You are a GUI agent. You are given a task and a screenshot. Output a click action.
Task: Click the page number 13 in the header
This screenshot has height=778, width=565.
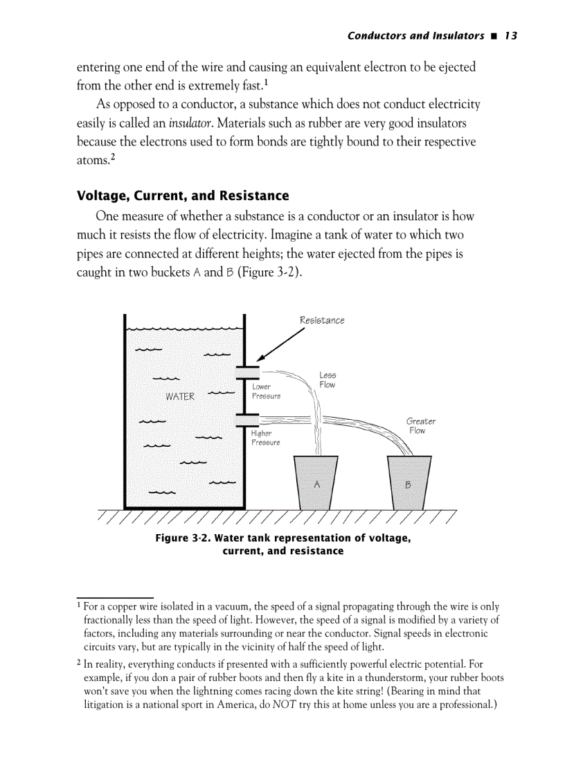511,35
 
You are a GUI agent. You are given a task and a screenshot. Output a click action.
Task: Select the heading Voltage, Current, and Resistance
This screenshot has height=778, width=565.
183,195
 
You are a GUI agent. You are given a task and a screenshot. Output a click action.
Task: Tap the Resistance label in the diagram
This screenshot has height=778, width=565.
321,320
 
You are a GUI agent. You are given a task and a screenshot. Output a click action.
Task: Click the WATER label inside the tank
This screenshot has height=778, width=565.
180,397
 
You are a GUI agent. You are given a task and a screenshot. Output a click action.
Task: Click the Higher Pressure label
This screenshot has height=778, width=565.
266,438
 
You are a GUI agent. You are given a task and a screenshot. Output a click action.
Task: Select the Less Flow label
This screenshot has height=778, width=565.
328,380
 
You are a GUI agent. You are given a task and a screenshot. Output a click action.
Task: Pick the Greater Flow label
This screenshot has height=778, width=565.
420,425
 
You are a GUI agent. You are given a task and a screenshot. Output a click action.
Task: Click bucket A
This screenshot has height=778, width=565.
316,482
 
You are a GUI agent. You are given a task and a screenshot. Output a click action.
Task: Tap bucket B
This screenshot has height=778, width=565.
409,482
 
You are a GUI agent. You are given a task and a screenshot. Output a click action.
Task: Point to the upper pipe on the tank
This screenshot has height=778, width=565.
247,372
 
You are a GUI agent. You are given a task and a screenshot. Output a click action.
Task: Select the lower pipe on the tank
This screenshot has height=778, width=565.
247,419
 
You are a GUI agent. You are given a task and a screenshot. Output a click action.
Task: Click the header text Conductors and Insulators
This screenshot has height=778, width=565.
415,35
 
